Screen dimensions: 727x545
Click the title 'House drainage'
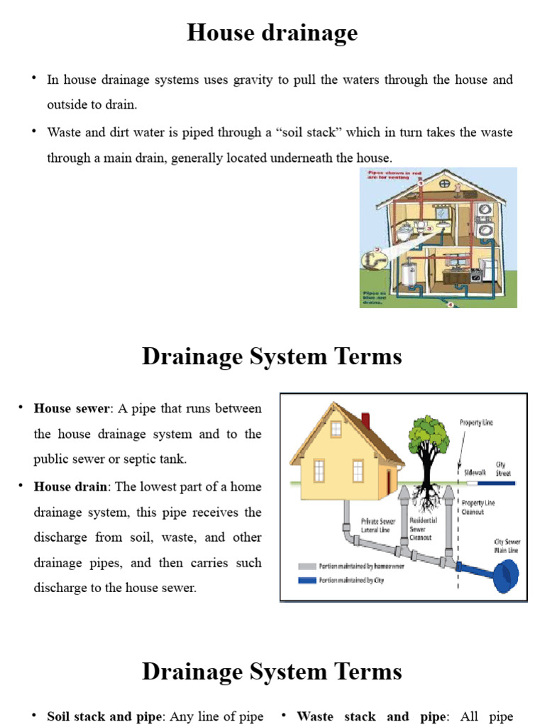[x=272, y=33]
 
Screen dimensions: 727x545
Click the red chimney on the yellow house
[x=366, y=420]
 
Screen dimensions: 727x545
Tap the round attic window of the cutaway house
[x=445, y=183]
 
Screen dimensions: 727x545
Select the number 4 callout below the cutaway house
[x=451, y=304]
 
